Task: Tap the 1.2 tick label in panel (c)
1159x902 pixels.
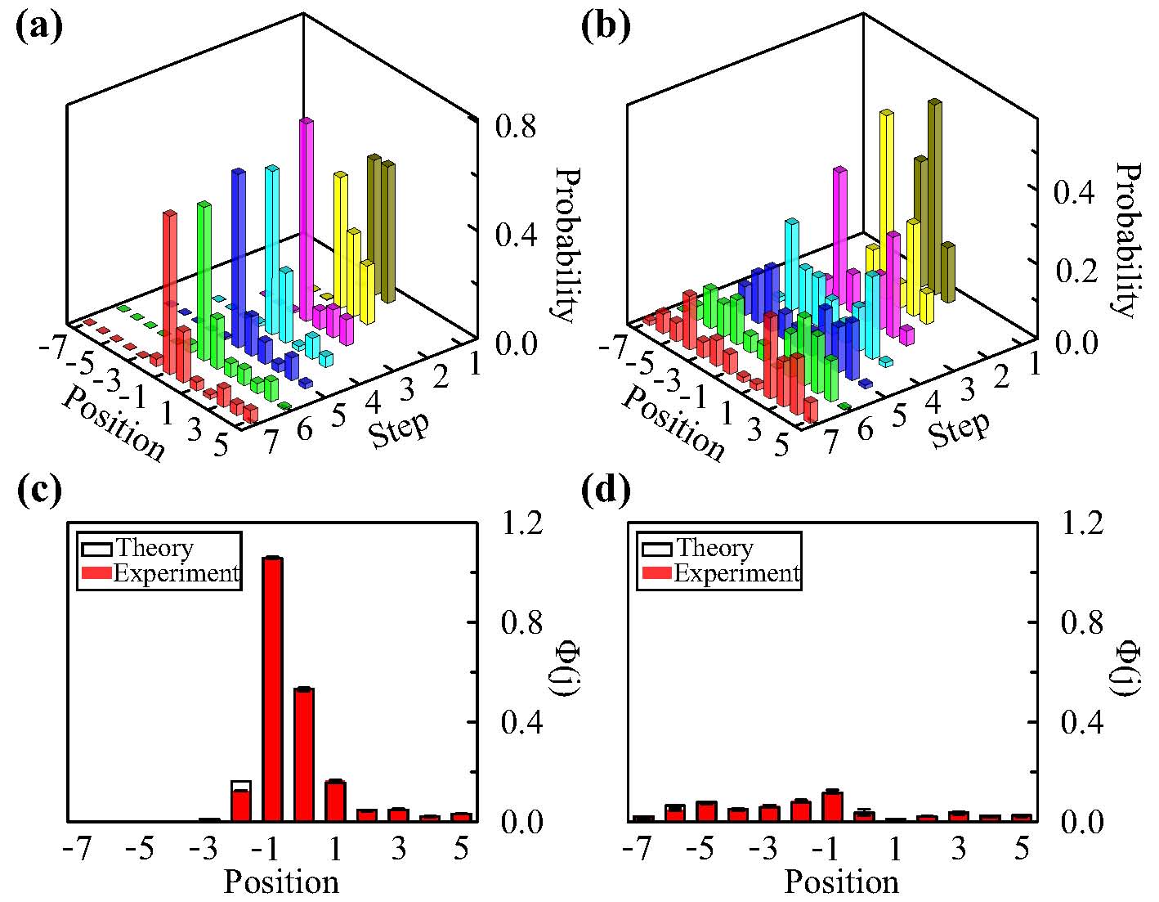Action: coord(518,523)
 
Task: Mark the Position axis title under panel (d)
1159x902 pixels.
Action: coord(841,882)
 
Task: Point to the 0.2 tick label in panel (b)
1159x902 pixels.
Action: coord(1077,272)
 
